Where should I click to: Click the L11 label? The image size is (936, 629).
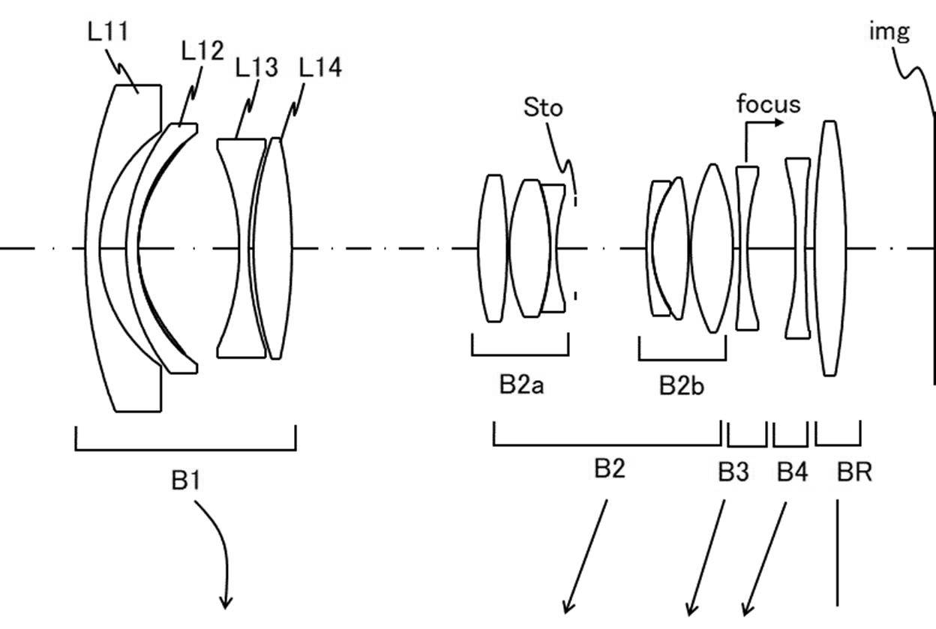click(107, 31)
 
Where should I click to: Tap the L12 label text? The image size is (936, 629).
click(202, 50)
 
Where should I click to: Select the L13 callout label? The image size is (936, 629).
click(256, 67)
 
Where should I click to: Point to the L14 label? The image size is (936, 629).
click(320, 67)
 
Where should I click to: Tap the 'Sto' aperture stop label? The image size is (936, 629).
click(543, 107)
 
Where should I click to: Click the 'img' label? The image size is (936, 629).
click(889, 31)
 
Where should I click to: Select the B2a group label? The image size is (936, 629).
click(521, 385)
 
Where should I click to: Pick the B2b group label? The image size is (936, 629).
click(682, 385)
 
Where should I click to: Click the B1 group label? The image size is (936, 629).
click(186, 480)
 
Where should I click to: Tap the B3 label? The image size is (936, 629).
click(733, 472)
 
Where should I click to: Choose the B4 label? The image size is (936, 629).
click(792, 472)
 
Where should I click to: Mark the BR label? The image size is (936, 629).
click(854, 472)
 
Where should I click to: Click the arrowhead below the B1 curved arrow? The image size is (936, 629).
click(226, 603)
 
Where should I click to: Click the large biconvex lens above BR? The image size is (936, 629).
click(830, 248)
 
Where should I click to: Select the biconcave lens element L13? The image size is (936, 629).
click(241, 248)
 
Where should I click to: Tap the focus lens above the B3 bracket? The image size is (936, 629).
click(748, 248)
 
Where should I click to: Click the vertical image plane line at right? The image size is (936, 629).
click(934, 248)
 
